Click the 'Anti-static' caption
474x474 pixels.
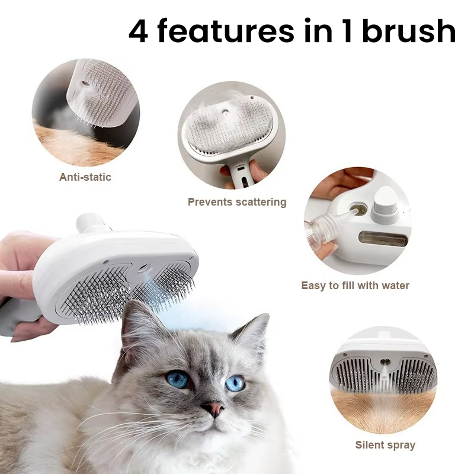pyautogui.click(x=85, y=177)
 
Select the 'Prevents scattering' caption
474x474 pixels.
pyautogui.click(x=237, y=202)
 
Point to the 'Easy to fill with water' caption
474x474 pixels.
pyautogui.click(x=355, y=286)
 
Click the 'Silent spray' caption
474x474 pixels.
pyautogui.click(x=385, y=444)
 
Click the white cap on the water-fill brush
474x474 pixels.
pyautogui.click(x=386, y=201)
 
